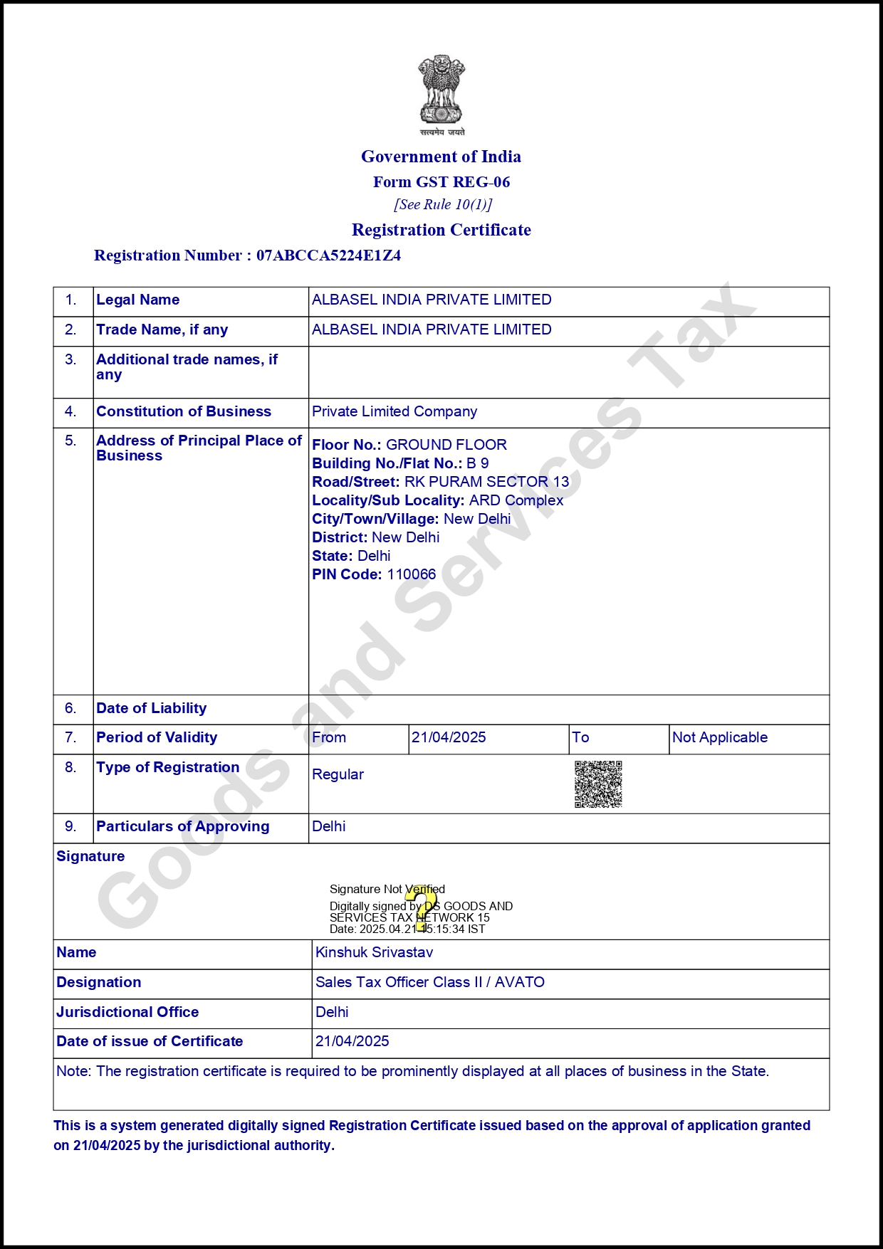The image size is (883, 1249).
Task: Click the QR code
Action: coord(598,784)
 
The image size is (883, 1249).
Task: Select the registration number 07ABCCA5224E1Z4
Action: coord(328,255)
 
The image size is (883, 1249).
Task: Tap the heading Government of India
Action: coord(441,157)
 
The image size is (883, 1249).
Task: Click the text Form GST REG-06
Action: coord(441,182)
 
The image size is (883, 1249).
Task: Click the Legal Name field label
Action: coord(138,300)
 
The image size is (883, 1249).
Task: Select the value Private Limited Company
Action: coord(395,412)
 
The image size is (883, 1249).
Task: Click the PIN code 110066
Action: coord(411,575)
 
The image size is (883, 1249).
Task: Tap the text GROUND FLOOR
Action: coord(446,446)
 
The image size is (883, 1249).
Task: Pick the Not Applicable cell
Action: coord(720,738)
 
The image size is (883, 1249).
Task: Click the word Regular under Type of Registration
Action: coord(338,775)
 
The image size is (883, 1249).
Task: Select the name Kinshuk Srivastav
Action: coord(374,953)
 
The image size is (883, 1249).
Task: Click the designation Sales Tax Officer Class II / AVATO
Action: coord(430,983)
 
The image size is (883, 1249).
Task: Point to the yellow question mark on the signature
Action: coord(424,908)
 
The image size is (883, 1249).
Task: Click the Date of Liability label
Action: coord(152,709)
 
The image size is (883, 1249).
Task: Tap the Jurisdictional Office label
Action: coord(128,1013)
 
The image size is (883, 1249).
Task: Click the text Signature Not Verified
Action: coord(387,890)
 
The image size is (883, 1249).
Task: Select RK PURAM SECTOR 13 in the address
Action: coord(487,483)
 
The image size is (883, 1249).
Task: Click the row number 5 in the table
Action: coord(70,441)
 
